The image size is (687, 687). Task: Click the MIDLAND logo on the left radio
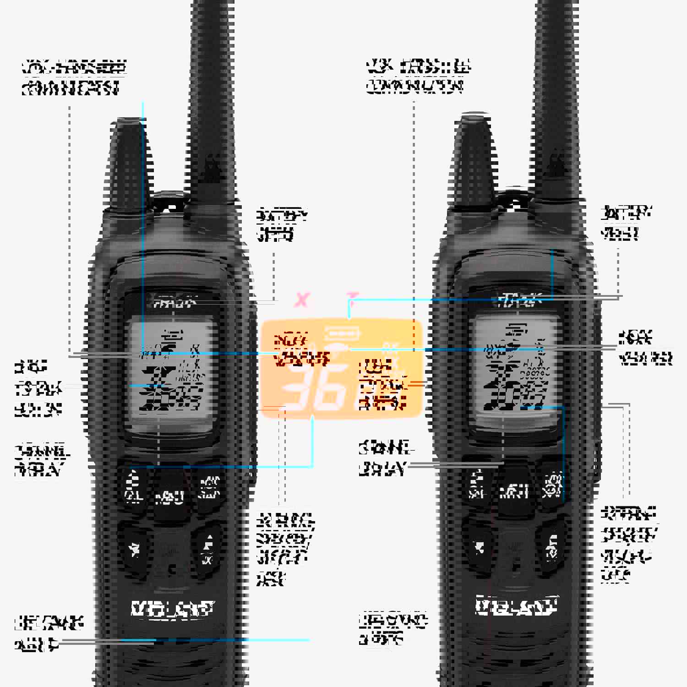172,609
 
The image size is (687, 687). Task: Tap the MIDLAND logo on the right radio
517,605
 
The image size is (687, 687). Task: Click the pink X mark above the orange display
302,300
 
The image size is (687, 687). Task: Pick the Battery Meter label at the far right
626,223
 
